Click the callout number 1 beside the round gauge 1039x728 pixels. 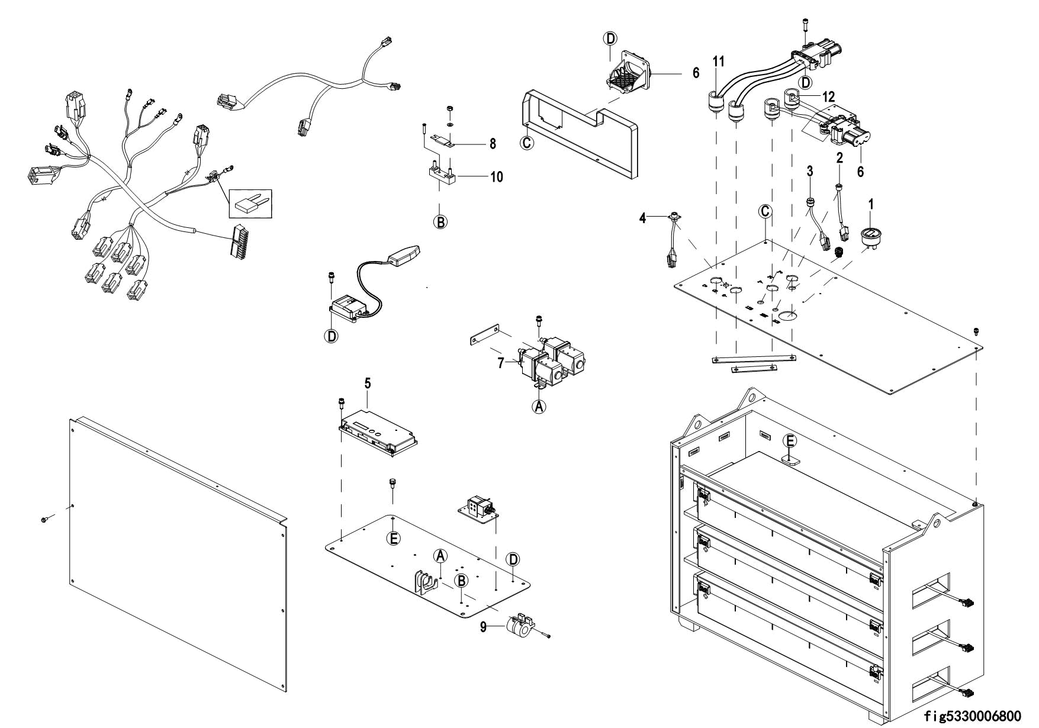(x=871, y=204)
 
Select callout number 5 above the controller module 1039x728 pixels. (x=368, y=384)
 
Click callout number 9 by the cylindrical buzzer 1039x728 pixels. (x=484, y=627)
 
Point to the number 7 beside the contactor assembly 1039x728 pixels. (x=500, y=363)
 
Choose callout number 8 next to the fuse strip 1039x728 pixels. (x=492, y=143)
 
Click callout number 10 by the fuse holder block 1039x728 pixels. (x=496, y=176)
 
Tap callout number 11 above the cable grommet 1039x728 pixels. (x=719, y=61)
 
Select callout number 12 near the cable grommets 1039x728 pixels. (x=828, y=96)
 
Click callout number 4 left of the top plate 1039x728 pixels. (x=642, y=218)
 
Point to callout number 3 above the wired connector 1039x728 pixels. (x=810, y=171)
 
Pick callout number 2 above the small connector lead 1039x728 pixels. (x=839, y=157)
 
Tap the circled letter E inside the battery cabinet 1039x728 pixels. (x=790, y=441)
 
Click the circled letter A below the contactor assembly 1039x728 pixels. (x=539, y=407)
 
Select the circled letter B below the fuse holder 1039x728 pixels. (x=440, y=222)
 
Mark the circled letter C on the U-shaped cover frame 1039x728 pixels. (x=527, y=143)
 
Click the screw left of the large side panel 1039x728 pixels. (x=44, y=519)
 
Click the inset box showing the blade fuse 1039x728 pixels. (x=250, y=204)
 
